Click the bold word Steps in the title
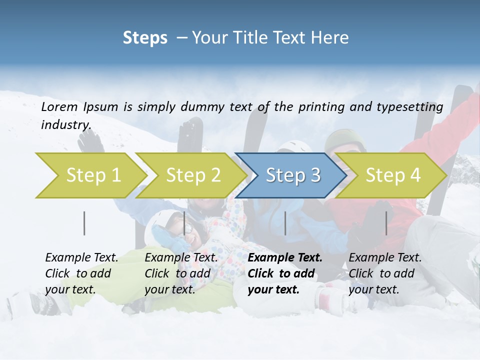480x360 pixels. (145, 38)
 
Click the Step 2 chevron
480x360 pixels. (193, 175)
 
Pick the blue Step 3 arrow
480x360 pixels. (292, 175)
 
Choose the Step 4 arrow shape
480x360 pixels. (393, 175)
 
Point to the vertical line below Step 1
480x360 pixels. (84, 223)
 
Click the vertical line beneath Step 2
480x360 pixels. (184, 223)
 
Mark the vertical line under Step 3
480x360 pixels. (285, 223)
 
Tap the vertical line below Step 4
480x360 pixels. (386, 223)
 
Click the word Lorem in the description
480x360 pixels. (59, 106)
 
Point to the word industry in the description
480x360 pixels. (65, 124)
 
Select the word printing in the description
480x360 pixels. (319, 106)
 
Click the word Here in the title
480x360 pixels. (332, 38)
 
